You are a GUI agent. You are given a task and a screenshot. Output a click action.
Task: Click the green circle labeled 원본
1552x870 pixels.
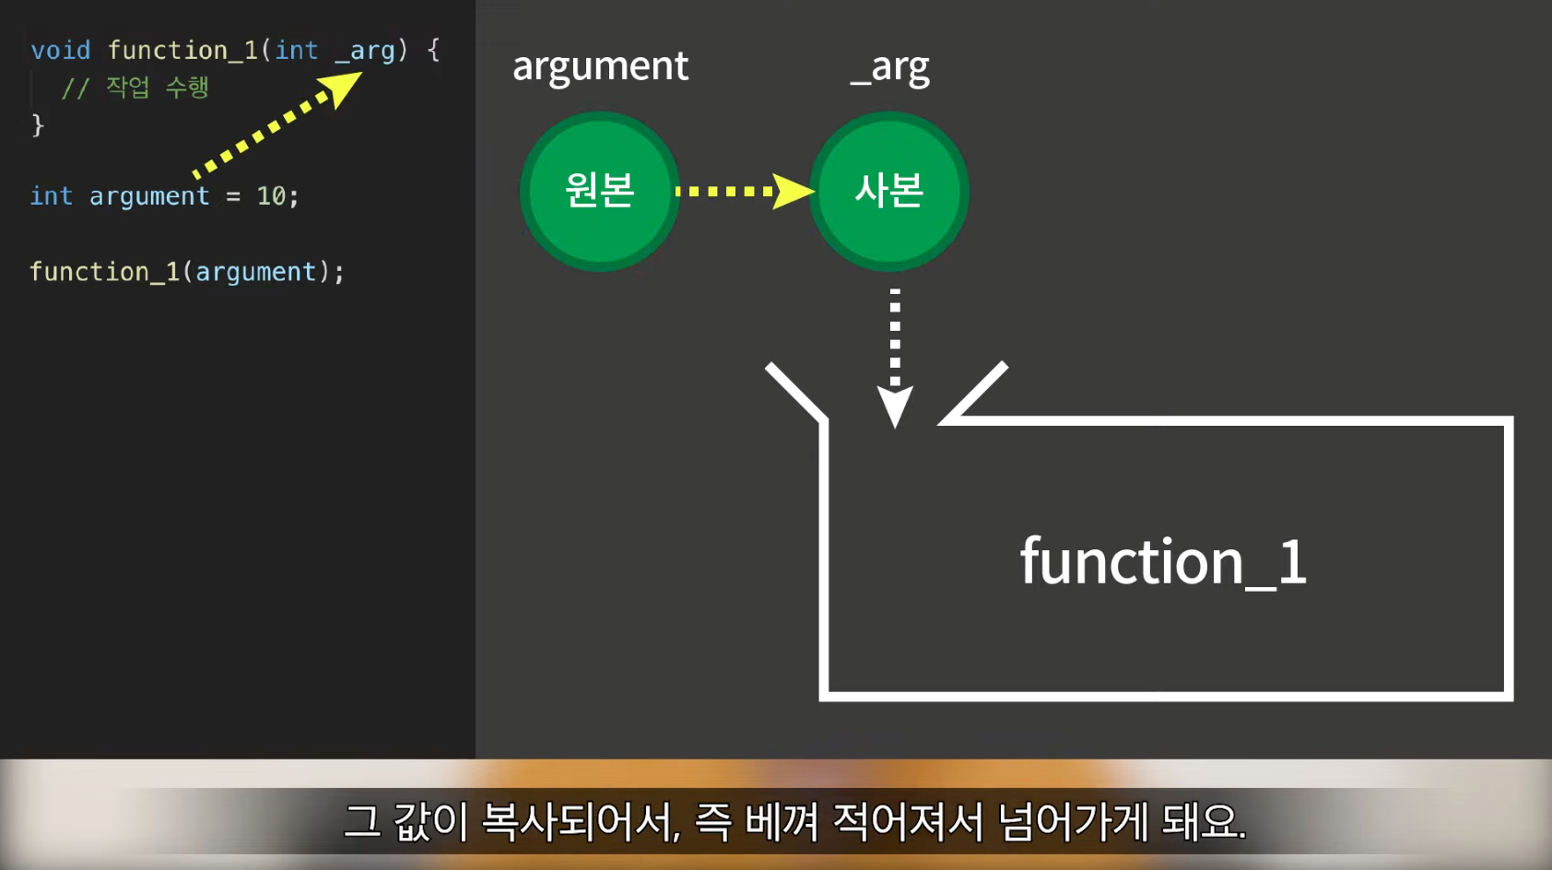[600, 191]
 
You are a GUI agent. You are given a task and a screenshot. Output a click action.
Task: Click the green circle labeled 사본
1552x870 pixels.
[888, 191]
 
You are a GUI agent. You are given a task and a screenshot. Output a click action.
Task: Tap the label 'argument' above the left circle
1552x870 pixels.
[600, 66]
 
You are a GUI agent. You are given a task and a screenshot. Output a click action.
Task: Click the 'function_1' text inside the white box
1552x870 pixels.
[1163, 561]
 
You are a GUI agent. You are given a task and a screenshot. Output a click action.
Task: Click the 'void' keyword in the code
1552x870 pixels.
[61, 51]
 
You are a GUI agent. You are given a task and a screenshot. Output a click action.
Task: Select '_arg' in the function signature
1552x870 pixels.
[365, 51]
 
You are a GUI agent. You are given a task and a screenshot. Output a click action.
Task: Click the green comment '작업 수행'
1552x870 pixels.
[157, 88]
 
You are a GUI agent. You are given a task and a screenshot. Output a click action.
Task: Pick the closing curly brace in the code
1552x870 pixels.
[38, 124]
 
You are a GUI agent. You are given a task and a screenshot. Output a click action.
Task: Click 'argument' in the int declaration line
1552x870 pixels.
[149, 196]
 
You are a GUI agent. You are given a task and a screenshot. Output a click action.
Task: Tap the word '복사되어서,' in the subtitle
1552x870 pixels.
[581, 821]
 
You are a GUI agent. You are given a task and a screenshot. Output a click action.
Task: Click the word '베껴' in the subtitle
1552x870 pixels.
[782, 821]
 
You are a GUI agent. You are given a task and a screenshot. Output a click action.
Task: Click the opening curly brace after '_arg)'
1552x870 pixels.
[433, 50]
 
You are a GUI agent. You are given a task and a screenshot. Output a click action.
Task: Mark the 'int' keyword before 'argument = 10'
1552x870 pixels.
[51, 196]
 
